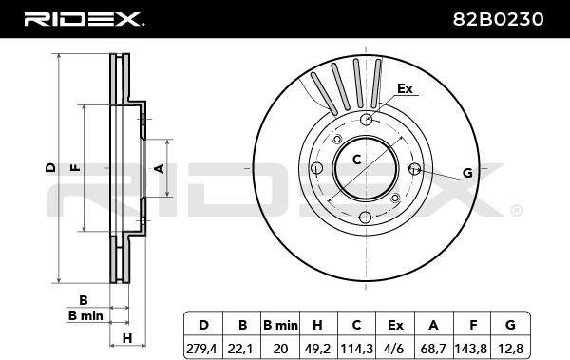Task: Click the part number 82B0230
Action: tap(498, 19)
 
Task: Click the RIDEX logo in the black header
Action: tap(85, 19)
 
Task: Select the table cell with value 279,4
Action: tap(201, 350)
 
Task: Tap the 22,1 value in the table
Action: tap(241, 350)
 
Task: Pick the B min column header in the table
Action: tap(280, 325)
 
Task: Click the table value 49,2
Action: tap(317, 350)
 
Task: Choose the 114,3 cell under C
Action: tap(356, 350)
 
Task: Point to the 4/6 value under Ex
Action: tap(395, 350)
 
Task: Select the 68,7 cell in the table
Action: tap(433, 350)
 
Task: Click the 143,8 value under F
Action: tap(471, 350)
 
